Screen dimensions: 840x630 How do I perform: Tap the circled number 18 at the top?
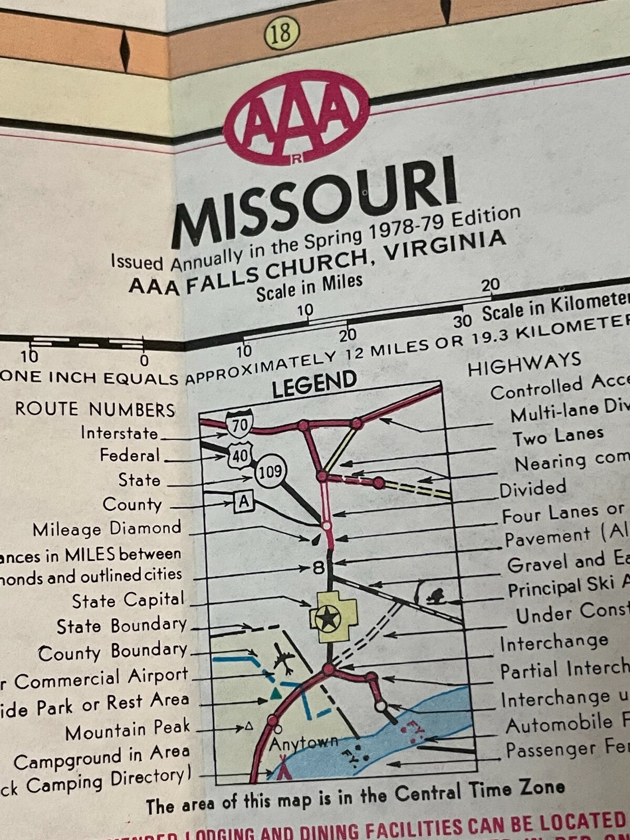coord(281,33)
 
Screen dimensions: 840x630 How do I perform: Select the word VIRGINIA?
coord(445,247)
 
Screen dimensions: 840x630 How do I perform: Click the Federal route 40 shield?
coord(241,455)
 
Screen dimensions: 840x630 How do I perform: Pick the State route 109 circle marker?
coord(270,471)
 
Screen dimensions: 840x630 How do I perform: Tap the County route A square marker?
coord(244,502)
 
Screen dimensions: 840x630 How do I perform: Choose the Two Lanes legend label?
coord(558,436)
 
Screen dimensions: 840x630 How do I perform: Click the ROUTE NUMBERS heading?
coord(95,409)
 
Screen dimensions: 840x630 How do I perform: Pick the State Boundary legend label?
coord(121,625)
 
